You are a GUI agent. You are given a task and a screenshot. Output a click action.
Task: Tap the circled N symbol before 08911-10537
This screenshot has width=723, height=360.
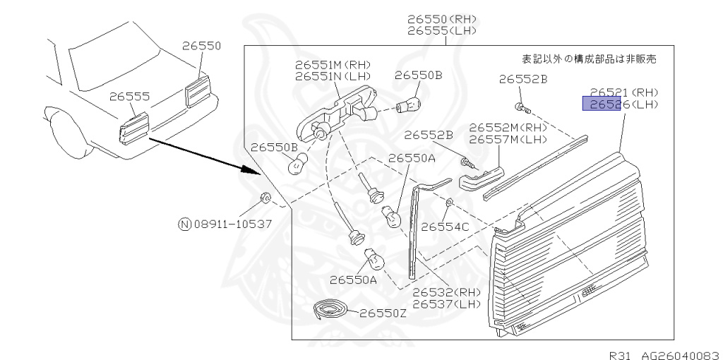[x=184, y=225]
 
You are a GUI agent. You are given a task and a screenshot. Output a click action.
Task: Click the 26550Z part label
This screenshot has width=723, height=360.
[x=383, y=313]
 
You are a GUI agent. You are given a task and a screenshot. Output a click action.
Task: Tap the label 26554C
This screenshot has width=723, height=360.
[x=445, y=227]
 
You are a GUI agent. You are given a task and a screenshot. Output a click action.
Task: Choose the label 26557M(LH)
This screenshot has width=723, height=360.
[x=508, y=139]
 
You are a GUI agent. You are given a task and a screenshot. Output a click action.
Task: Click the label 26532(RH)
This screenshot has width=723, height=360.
[x=446, y=292]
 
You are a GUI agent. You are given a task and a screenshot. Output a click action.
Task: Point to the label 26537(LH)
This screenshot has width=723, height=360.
[x=446, y=304]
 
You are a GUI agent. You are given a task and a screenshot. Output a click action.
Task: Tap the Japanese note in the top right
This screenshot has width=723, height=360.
[x=588, y=59]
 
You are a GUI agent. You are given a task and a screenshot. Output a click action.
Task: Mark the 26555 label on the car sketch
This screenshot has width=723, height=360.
[x=130, y=96]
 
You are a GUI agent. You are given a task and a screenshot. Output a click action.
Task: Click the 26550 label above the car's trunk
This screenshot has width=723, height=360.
[x=201, y=46]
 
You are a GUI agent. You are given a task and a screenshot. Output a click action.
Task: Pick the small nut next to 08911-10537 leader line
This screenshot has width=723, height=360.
[x=265, y=198]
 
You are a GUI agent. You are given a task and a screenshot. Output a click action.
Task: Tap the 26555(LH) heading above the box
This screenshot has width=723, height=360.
[x=441, y=31]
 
